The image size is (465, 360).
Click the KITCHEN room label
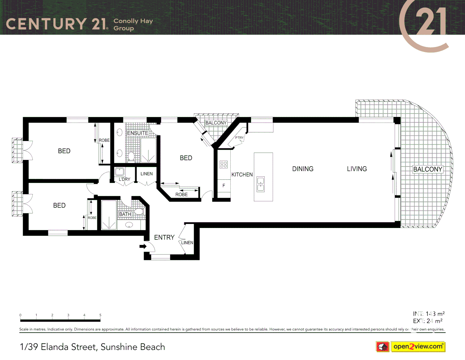coord(242,175)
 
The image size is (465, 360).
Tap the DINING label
coord(303,169)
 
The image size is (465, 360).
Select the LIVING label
coord(357,169)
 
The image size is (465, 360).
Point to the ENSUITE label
coord(138,133)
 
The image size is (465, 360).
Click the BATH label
coord(125,214)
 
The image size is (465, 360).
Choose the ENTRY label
coord(164,237)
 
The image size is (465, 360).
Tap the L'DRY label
coord(124,179)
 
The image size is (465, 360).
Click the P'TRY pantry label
coord(239,138)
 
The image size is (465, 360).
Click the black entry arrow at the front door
coord(143,246)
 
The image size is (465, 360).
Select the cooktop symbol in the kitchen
coord(224,164)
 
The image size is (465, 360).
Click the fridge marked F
coord(224,186)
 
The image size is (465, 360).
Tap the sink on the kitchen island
coord(261,184)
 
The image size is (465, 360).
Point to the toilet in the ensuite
coord(131,156)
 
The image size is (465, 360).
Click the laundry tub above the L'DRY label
coord(120,172)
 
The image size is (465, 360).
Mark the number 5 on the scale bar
coord(100,315)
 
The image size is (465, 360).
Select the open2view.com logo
coord(418,347)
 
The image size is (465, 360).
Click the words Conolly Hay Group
coord(133,24)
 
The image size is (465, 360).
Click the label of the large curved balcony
coord(428,169)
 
